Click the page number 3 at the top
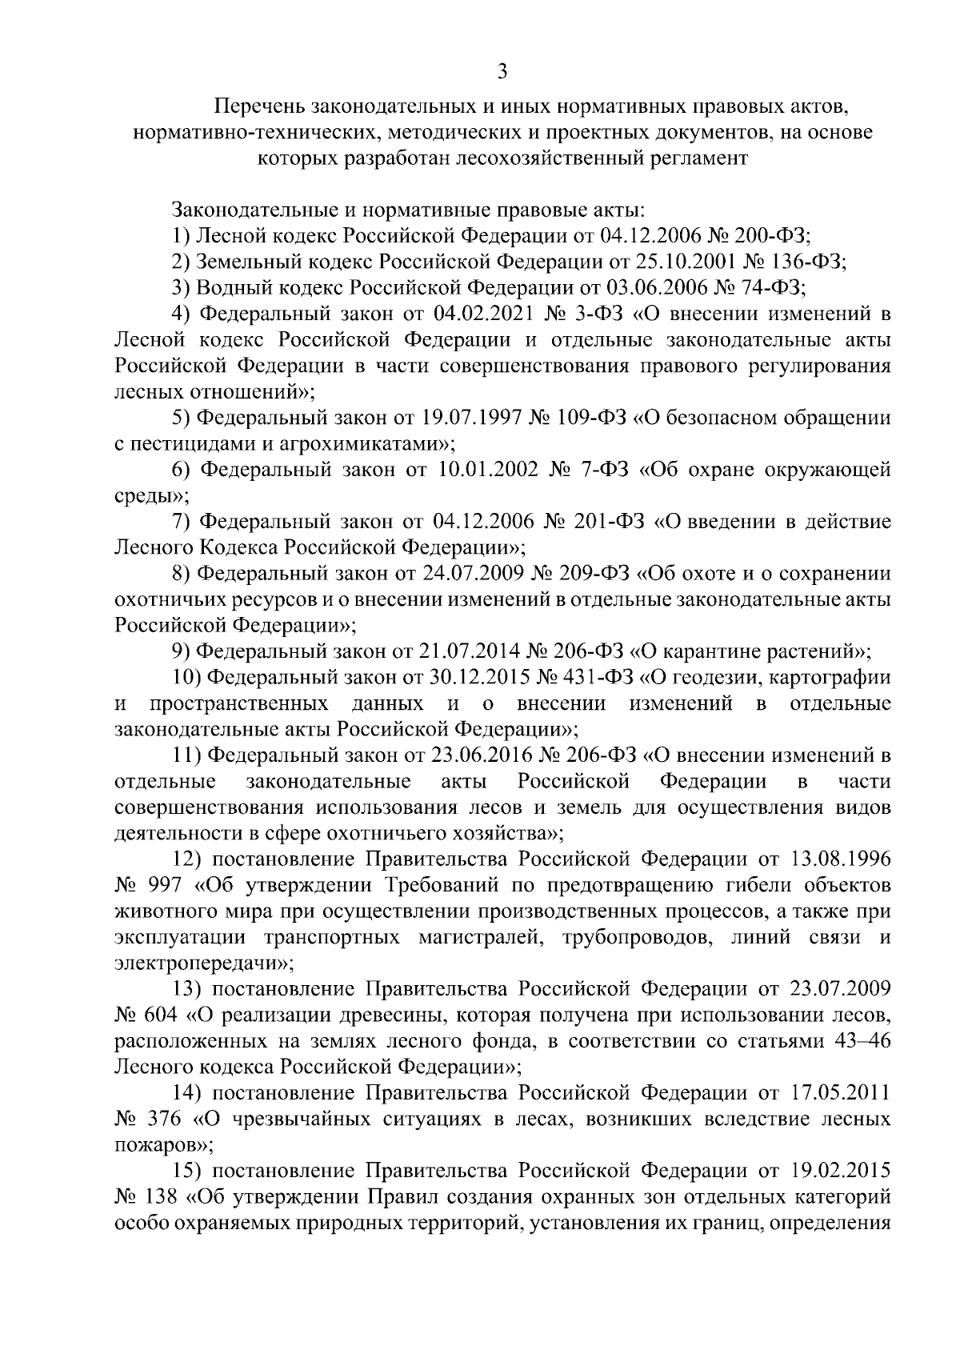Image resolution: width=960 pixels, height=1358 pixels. pos(502,72)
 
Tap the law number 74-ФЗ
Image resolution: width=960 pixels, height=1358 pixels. pos(770,287)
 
